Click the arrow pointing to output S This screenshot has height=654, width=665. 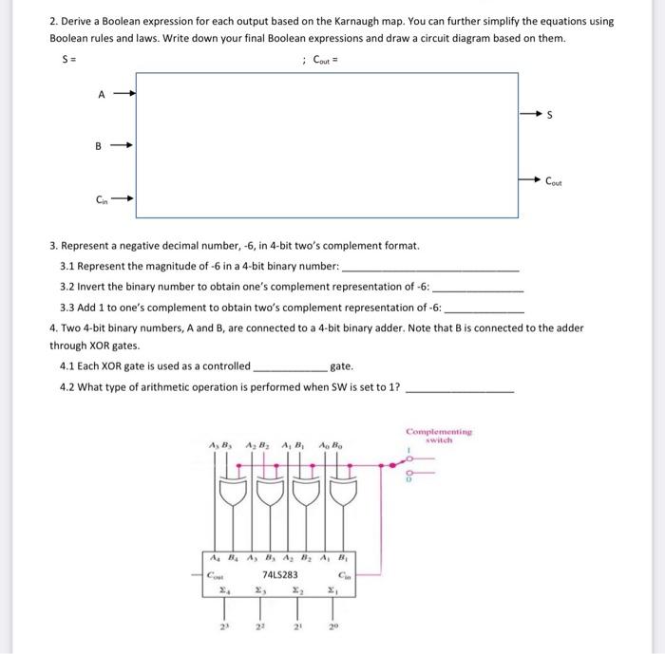point(529,115)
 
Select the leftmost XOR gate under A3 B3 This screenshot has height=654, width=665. point(230,494)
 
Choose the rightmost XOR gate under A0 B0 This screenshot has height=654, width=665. point(344,494)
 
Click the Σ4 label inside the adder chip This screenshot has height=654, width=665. point(220,590)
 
